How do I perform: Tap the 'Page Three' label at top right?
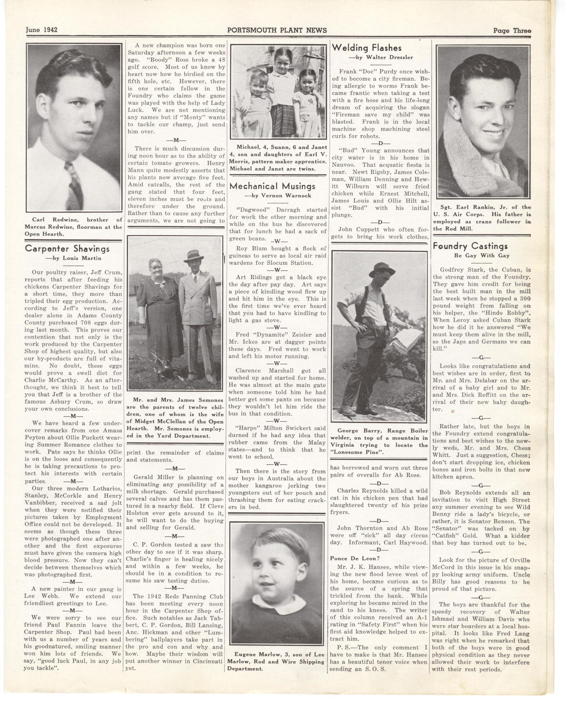coord(512,30)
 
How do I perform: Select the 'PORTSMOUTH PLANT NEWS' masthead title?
coord(277,30)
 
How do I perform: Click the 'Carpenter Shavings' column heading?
coord(67,249)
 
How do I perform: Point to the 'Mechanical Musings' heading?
coord(272,186)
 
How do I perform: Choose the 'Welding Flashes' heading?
coord(367,48)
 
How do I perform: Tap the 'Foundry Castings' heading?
coord(470,246)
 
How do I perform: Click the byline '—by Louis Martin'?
coord(73,258)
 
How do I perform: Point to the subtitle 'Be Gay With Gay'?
coord(481,256)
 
